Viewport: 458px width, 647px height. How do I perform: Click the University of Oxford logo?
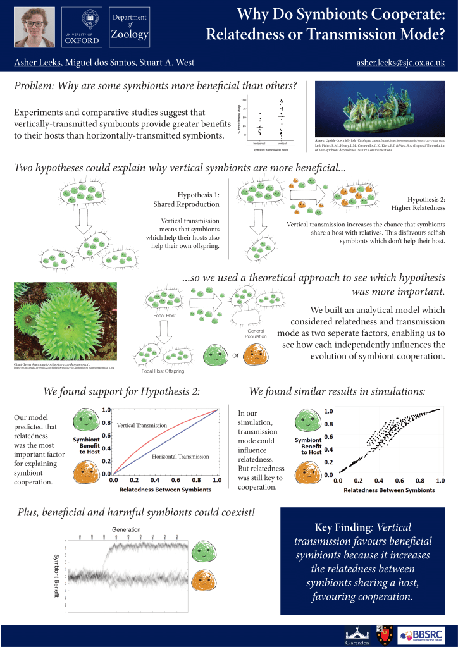82,27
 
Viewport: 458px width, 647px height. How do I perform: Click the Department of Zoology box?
130,27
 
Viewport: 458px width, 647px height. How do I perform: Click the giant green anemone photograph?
63,321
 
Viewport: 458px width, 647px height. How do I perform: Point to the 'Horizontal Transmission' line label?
180,456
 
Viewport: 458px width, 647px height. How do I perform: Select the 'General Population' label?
257,333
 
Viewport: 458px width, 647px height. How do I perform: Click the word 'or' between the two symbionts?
235,355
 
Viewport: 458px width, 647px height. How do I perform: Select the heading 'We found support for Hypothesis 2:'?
121,391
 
